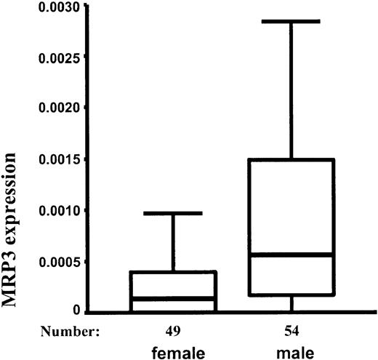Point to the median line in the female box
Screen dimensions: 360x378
[x=174, y=298]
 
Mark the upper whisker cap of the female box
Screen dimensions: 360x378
[x=174, y=213]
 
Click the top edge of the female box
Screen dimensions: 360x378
[x=174, y=272]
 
